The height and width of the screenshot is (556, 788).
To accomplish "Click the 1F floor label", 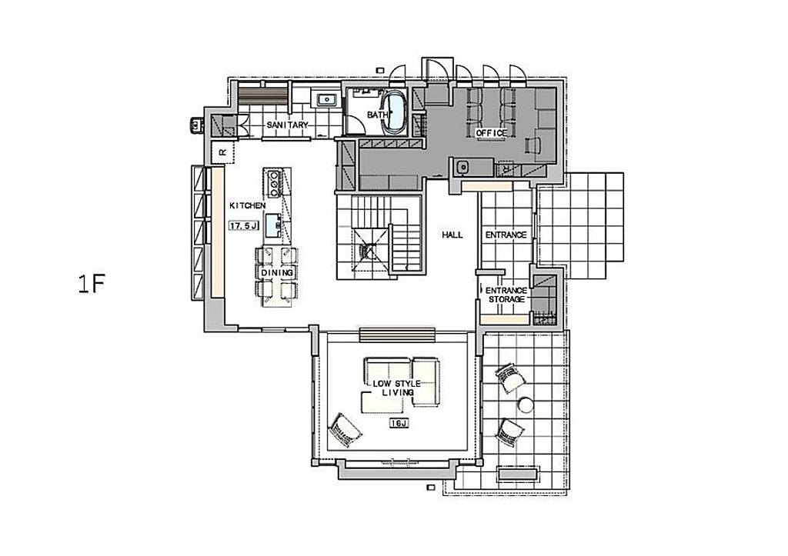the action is (91, 284).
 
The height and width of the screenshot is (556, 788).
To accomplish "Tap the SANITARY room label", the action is (287, 125).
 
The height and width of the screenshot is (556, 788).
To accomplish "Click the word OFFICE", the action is (492, 132).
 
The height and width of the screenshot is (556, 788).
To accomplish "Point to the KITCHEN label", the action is (247, 205).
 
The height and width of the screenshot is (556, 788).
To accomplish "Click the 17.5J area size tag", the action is (244, 226).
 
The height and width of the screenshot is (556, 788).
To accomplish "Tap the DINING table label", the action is (276, 272).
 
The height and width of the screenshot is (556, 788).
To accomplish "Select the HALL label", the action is (452, 235).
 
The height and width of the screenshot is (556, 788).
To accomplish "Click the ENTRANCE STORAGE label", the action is (506, 295).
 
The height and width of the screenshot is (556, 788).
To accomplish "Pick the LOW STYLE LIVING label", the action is (397, 388).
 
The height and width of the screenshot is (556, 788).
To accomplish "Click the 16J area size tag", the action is (399, 424).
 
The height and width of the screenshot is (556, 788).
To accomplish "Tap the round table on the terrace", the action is (526, 405).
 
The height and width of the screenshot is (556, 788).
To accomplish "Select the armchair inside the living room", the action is (345, 431).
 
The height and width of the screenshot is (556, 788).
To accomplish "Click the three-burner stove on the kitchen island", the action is (275, 183).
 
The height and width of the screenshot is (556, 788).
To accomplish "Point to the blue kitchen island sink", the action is (274, 224).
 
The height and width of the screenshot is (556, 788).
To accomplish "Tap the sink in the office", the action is (462, 167).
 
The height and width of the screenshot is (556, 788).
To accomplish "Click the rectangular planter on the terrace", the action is (518, 474).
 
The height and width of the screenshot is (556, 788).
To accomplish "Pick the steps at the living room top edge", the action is (398, 335).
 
